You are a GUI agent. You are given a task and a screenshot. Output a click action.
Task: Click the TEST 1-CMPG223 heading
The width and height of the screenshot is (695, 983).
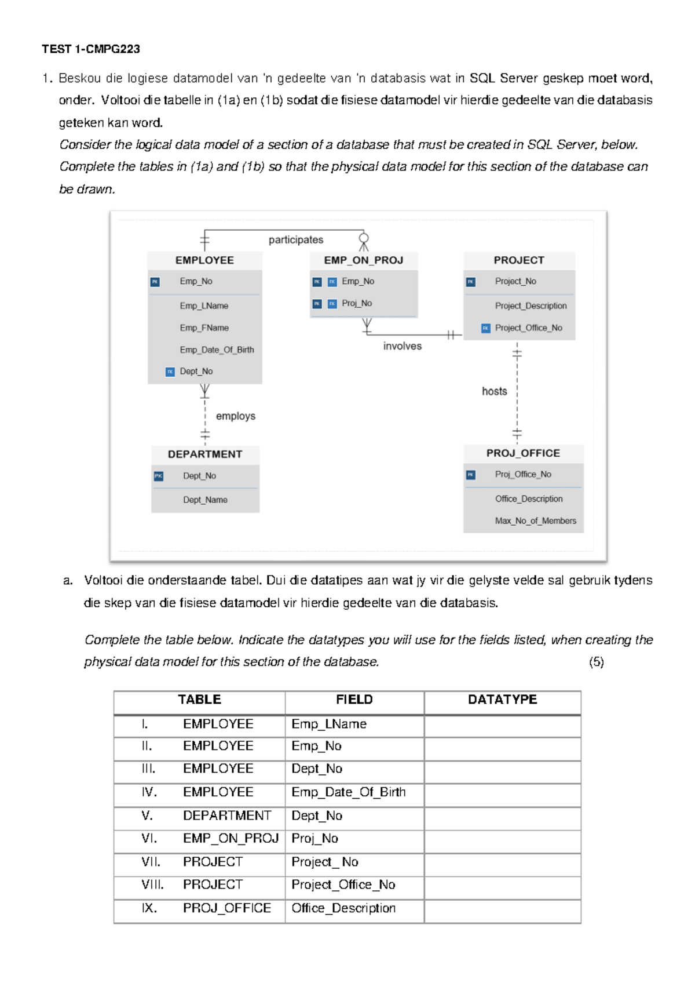tap(91, 49)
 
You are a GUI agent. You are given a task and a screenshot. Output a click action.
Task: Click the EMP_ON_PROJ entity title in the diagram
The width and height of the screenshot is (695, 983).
tap(363, 260)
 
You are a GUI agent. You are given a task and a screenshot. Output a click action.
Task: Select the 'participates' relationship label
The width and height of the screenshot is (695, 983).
tap(296, 240)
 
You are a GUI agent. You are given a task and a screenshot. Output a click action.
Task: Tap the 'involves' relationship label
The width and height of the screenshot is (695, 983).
tap(402, 346)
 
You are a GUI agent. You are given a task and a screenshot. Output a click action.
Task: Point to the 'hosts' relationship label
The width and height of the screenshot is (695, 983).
tap(494, 391)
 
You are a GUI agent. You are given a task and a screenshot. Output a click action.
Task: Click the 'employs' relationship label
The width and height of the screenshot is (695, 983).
tap(235, 416)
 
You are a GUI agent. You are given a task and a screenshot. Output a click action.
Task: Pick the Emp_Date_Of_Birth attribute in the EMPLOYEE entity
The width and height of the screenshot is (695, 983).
tap(217, 349)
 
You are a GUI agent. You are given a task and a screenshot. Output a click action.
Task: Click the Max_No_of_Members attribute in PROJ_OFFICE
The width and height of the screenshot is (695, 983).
tap(535, 520)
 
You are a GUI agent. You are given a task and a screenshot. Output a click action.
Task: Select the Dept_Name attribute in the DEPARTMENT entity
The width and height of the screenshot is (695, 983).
tap(205, 500)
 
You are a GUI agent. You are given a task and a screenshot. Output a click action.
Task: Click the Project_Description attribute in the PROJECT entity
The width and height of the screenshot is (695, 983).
tap(531, 305)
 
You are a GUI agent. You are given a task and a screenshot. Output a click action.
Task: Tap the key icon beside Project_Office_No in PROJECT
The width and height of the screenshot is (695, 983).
tap(486, 328)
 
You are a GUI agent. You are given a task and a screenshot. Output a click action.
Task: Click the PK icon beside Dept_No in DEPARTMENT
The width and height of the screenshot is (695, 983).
tap(159, 476)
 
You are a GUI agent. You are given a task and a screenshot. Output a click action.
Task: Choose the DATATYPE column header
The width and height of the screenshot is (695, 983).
tap(502, 700)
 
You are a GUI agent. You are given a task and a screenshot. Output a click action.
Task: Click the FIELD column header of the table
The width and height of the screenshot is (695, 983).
tap(354, 700)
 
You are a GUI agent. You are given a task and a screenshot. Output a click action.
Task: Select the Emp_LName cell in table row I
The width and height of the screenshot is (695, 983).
tap(329, 724)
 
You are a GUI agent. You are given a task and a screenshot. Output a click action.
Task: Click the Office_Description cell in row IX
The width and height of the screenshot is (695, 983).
tap(343, 908)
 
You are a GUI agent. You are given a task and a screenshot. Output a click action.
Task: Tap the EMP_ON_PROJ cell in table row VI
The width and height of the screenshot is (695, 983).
tap(231, 838)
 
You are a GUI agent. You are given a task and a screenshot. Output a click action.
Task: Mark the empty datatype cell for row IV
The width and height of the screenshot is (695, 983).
tap(502, 792)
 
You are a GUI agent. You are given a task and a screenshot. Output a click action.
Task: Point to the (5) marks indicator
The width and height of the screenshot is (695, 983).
tap(596, 662)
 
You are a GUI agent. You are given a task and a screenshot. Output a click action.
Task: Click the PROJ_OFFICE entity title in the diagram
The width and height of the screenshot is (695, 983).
tap(523, 453)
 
